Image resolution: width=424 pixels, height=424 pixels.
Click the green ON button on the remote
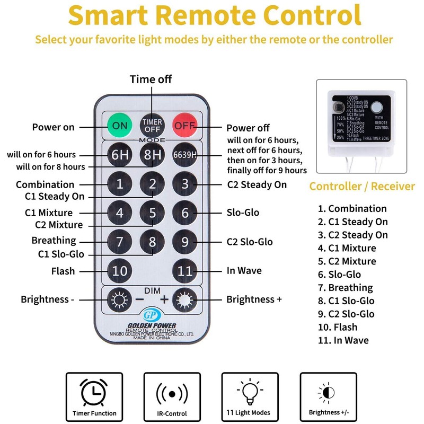coord(120,126)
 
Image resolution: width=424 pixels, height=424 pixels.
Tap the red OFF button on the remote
coord(185,126)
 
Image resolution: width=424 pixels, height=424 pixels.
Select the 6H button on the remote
coord(120,155)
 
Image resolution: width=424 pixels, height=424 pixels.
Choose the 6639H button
coord(185,155)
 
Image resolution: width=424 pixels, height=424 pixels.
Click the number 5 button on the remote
coord(153,213)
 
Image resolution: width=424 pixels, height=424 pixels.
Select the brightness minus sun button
coord(118,299)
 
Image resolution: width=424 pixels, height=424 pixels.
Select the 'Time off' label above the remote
coord(151,79)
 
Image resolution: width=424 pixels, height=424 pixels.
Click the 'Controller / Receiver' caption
coord(362,186)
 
